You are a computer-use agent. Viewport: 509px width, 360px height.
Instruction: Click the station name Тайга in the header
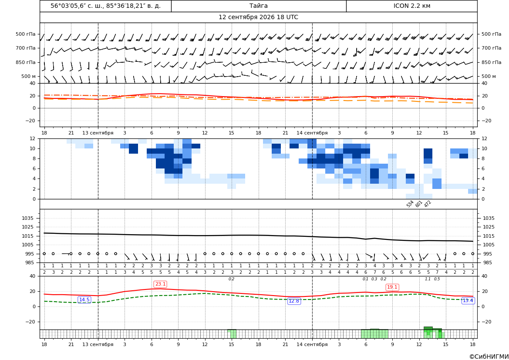click(x=258, y=6)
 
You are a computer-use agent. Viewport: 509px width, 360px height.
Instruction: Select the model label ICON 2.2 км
click(x=411, y=6)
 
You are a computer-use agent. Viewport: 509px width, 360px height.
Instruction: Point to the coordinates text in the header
click(x=105, y=6)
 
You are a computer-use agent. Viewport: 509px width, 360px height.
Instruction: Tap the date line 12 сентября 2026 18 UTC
click(x=258, y=17)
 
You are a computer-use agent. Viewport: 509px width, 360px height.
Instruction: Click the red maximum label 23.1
click(x=160, y=284)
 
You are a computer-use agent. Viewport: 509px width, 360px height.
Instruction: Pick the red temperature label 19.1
click(x=392, y=287)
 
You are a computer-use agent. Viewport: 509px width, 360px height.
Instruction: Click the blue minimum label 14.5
click(x=84, y=299)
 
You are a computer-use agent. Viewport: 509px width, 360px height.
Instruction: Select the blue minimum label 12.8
click(x=294, y=301)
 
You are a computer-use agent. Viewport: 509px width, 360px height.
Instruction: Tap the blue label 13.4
click(x=468, y=301)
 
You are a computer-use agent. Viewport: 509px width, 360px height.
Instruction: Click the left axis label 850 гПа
click(x=26, y=62)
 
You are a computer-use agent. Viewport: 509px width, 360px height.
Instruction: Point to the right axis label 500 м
click(x=489, y=76)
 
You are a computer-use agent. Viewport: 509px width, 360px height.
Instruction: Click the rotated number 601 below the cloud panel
click(x=419, y=204)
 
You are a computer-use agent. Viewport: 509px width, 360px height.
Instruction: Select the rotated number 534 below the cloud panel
click(x=410, y=204)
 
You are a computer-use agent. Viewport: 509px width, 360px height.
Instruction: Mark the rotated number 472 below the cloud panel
click(x=428, y=204)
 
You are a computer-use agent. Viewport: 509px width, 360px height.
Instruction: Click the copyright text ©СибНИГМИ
click(x=489, y=357)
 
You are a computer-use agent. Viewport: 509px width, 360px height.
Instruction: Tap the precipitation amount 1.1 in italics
click(x=428, y=279)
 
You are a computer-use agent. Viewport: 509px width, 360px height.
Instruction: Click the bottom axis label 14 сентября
click(x=312, y=344)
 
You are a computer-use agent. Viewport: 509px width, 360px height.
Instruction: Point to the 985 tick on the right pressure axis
click(x=489, y=262)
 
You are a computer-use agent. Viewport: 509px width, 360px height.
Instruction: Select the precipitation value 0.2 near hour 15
click(x=232, y=279)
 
